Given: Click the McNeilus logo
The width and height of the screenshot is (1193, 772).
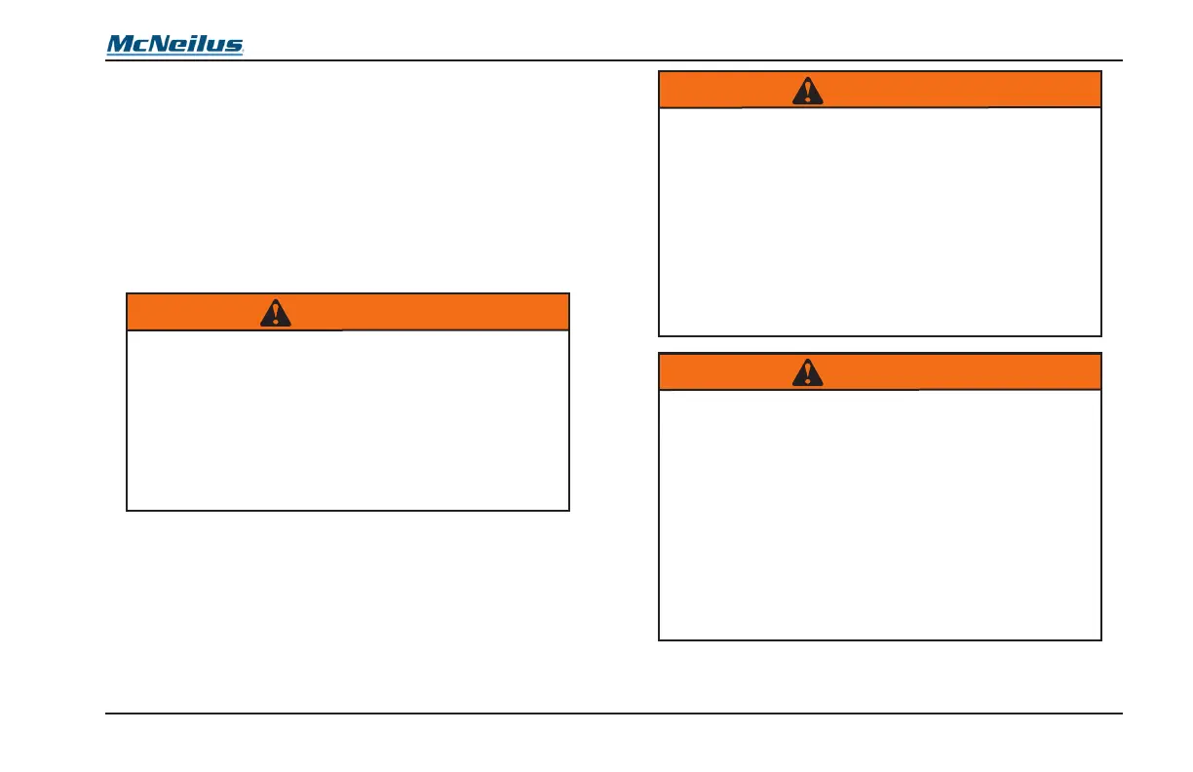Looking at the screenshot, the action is (175, 45).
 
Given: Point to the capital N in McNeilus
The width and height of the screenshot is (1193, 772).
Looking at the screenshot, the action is (159, 44).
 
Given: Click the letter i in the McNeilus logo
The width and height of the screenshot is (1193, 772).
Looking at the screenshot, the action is (194, 44).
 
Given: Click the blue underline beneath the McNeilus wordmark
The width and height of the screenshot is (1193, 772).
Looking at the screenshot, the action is (175, 55).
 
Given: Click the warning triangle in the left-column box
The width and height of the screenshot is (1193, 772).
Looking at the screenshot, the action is (277, 312).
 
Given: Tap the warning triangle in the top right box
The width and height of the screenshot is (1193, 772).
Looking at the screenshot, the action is (807, 90).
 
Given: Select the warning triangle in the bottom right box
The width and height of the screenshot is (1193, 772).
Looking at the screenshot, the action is (807, 371).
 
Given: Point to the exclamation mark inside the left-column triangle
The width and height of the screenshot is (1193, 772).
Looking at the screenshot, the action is (277, 314).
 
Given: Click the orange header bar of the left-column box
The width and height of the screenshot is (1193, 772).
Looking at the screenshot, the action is (439, 312).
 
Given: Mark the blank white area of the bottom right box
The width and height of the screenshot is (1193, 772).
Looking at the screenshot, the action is (880, 514).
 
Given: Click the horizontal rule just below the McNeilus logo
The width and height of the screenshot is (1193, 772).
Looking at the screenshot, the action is (614, 60).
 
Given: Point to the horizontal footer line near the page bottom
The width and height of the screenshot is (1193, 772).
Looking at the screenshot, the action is (614, 714).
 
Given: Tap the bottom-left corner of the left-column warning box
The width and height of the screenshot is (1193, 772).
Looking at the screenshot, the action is (128, 510).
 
